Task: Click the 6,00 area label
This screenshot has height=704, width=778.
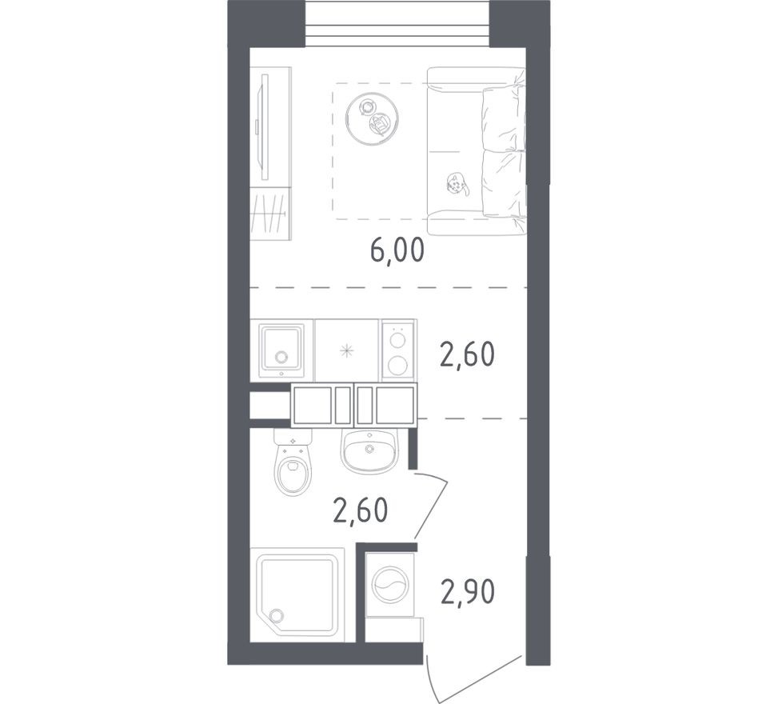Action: (x=397, y=251)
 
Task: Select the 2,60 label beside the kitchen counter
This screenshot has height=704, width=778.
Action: (x=467, y=353)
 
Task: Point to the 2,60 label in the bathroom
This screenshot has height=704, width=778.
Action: (x=360, y=508)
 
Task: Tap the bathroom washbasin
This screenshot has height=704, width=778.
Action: (x=369, y=450)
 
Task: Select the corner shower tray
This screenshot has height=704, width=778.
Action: (x=297, y=593)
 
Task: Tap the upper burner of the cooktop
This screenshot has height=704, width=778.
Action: (x=397, y=340)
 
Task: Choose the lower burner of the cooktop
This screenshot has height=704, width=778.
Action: (x=397, y=366)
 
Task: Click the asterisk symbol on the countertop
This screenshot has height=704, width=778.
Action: (x=346, y=350)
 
